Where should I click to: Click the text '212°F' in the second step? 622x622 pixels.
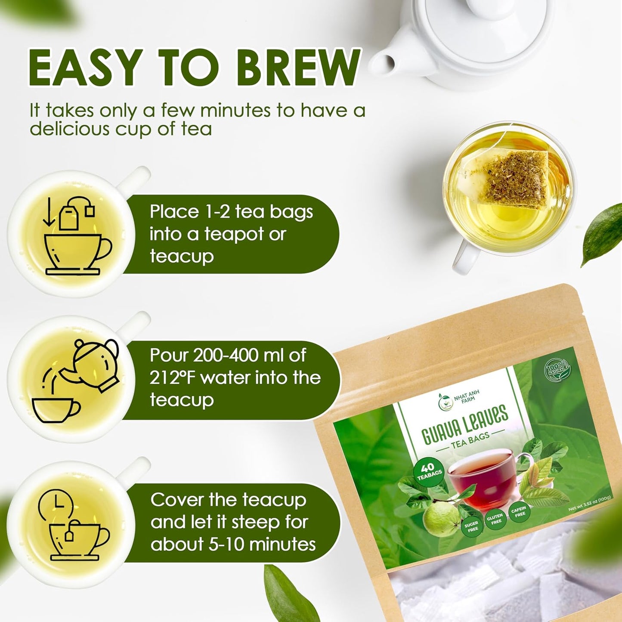tap(173, 378)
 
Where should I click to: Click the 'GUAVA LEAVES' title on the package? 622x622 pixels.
tap(465, 424)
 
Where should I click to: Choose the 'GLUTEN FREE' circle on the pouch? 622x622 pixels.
tap(495, 519)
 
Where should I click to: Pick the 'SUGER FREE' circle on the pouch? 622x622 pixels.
tap(471, 526)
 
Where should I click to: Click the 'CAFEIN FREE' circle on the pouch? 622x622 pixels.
tap(519, 512)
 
